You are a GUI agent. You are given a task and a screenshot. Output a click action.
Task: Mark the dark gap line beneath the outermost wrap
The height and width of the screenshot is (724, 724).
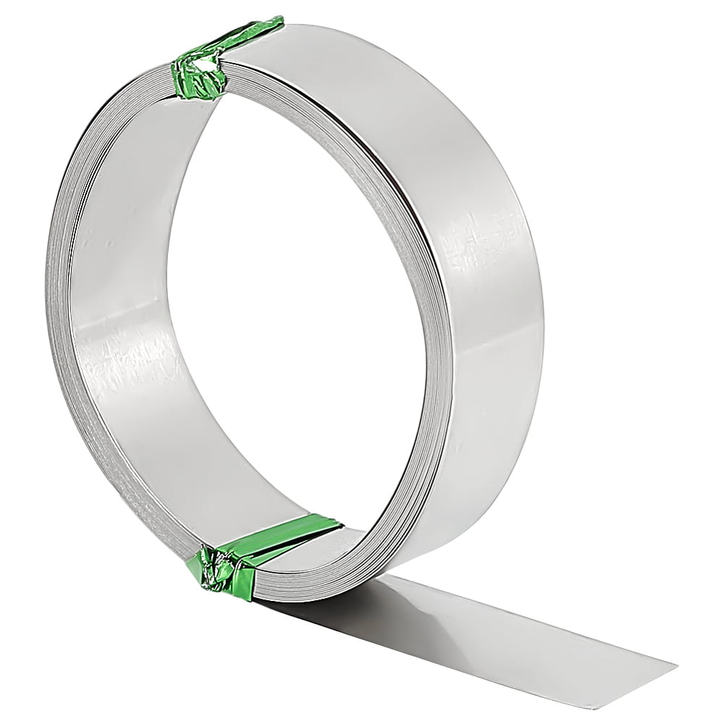point(420,217)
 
